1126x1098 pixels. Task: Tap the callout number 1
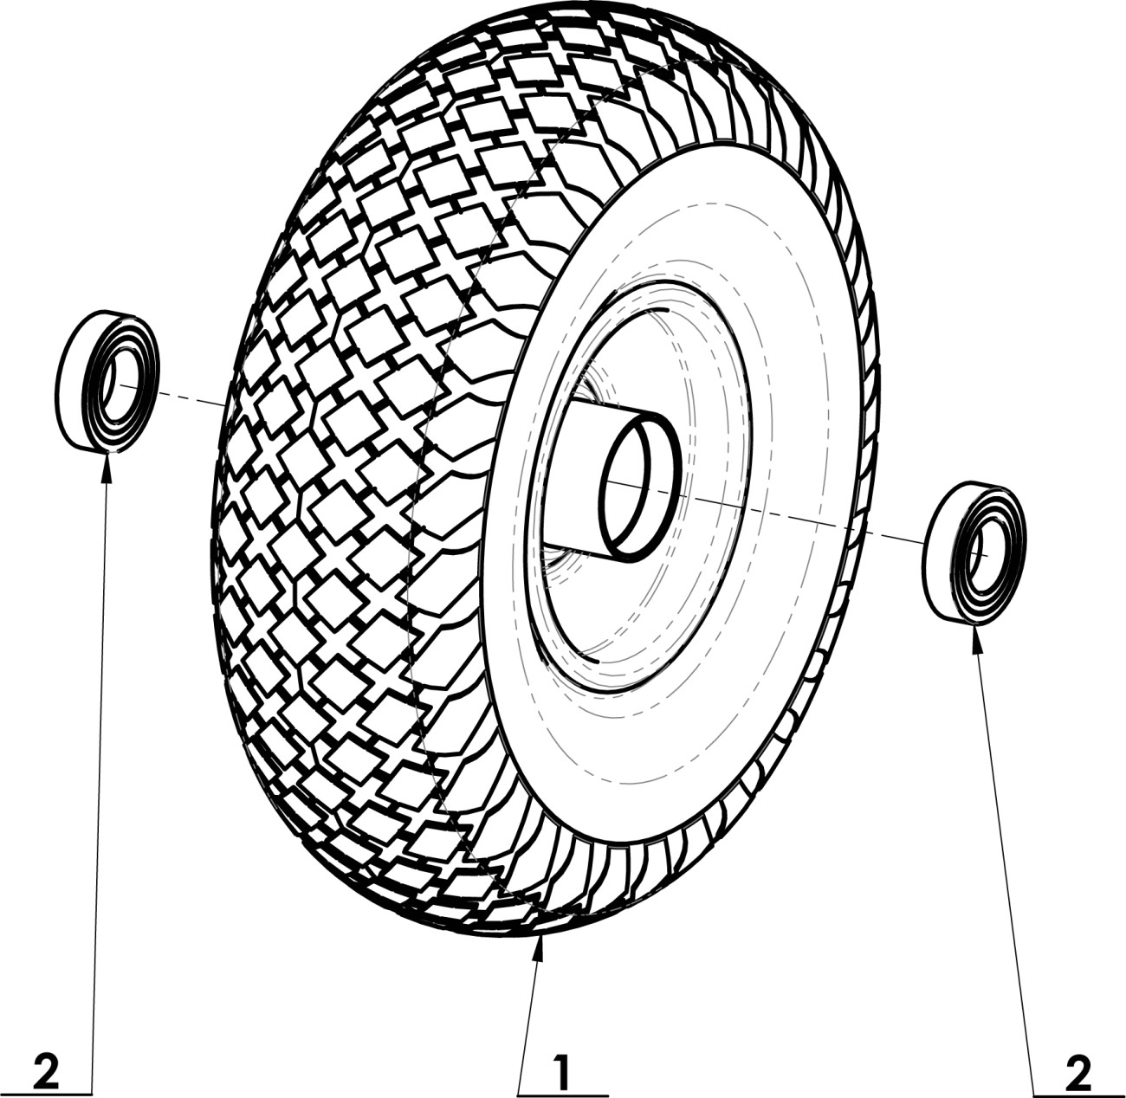(x=562, y=1074)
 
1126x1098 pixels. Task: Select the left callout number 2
(x=46, y=1074)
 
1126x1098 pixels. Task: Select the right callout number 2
(x=1078, y=1074)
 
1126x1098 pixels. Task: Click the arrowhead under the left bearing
(x=107, y=466)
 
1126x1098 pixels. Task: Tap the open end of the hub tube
(x=641, y=485)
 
